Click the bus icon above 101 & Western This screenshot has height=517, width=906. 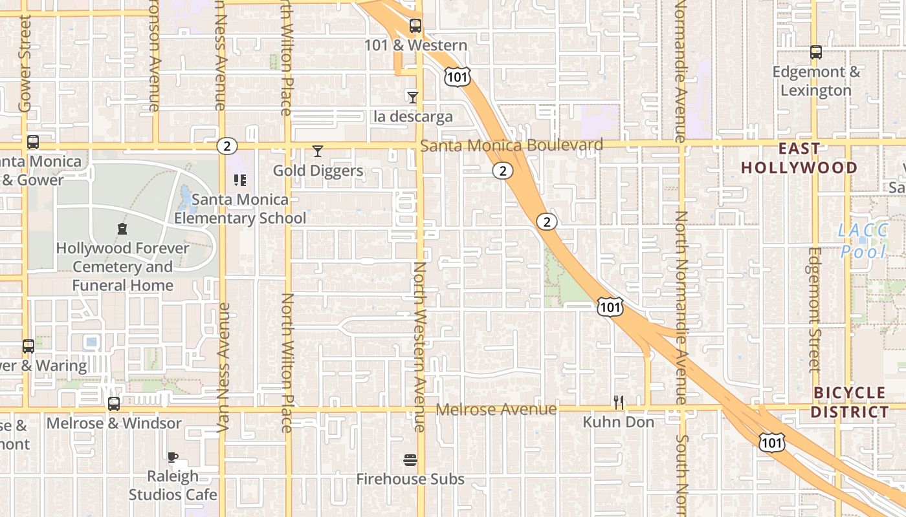pyautogui.click(x=415, y=26)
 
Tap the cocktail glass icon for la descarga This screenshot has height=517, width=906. pyautogui.click(x=413, y=97)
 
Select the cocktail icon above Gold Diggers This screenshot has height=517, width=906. pyautogui.click(x=317, y=151)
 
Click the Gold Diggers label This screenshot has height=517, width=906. pyautogui.click(x=318, y=171)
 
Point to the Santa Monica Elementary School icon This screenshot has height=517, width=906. pyautogui.click(x=240, y=180)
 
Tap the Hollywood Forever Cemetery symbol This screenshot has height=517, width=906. pyautogui.click(x=122, y=228)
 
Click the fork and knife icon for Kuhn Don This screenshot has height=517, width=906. pyautogui.click(x=619, y=403)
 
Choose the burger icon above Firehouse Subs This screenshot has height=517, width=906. pyautogui.click(x=410, y=460)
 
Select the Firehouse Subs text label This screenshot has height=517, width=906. pyautogui.click(x=410, y=479)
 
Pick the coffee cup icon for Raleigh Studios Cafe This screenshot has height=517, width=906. pyautogui.click(x=173, y=457)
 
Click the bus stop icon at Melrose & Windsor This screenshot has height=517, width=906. pyautogui.click(x=114, y=404)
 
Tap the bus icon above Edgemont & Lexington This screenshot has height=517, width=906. pyautogui.click(x=816, y=52)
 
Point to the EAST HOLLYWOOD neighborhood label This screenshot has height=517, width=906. pyautogui.click(x=799, y=158)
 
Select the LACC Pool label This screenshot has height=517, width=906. pyautogui.click(x=863, y=240)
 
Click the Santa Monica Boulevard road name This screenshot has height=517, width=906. pyautogui.click(x=511, y=145)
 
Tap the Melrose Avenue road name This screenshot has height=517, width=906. pyautogui.click(x=496, y=409)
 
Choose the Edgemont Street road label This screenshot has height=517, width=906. pyautogui.click(x=815, y=310)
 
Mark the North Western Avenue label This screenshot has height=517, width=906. pyautogui.click(x=420, y=346)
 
